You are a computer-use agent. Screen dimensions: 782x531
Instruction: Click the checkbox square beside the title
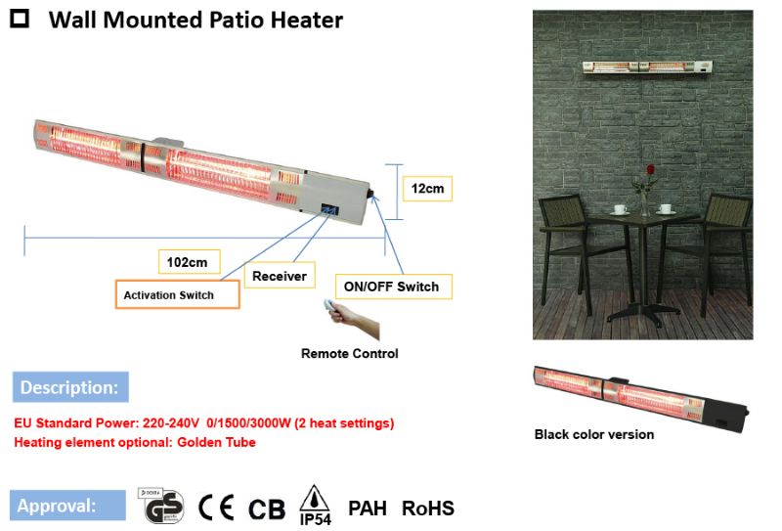(x=20, y=19)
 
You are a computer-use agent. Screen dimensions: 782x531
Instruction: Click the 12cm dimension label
(x=427, y=189)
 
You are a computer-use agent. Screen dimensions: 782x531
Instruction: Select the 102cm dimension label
(x=189, y=262)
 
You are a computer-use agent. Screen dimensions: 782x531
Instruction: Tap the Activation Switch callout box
(x=178, y=294)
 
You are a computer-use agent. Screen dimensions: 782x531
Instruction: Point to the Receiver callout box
(x=280, y=276)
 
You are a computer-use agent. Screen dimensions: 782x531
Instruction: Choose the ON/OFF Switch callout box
(x=394, y=287)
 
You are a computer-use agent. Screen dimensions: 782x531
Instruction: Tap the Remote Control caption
(x=350, y=353)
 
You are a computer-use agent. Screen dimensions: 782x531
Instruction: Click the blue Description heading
(x=70, y=387)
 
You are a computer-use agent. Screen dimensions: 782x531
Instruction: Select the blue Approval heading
(x=67, y=505)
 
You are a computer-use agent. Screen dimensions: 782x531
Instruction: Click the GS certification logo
(x=160, y=506)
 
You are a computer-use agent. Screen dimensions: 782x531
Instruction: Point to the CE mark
(x=216, y=508)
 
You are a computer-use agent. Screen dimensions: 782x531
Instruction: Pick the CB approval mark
(x=267, y=509)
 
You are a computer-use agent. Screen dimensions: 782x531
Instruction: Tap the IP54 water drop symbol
(x=314, y=499)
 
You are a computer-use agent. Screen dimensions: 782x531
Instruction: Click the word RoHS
(x=428, y=509)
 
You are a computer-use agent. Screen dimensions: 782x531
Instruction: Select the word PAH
(x=368, y=509)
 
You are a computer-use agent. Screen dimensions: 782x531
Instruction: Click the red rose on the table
(x=650, y=169)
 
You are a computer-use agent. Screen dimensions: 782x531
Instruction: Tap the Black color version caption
(x=594, y=434)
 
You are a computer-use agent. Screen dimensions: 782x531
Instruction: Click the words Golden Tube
(x=216, y=442)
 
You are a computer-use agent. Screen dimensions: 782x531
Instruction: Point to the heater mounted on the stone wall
(x=648, y=67)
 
